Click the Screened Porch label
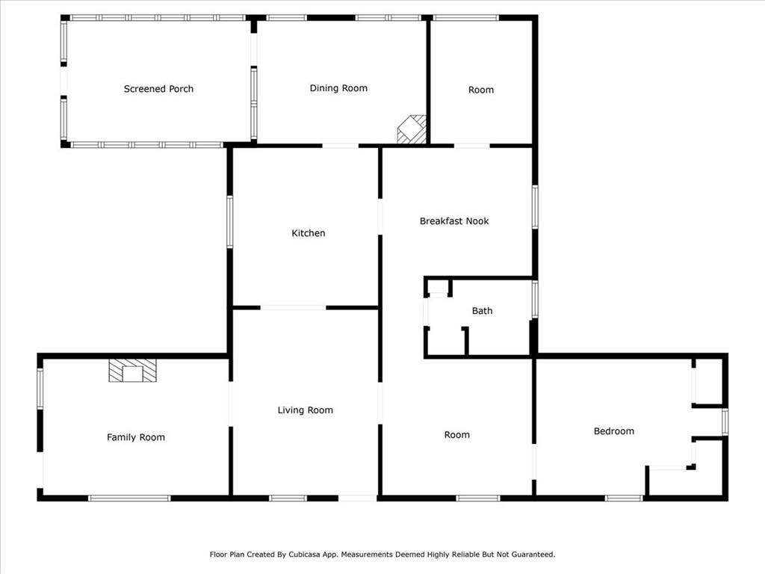[158, 89]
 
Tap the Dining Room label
[338, 88]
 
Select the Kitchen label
[309, 233]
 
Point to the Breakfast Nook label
[454, 221]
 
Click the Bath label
[482, 311]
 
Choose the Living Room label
[306, 410]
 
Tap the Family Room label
[136, 437]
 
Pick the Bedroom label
[614, 431]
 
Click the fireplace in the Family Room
[133, 371]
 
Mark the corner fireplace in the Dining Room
[412, 129]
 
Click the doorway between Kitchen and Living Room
[293, 307]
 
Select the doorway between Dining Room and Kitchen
[341, 146]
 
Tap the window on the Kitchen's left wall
[230, 222]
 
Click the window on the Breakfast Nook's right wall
[535, 207]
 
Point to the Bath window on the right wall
[535, 299]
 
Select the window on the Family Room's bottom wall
[129, 498]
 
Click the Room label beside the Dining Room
[481, 90]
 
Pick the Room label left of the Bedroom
[457, 435]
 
